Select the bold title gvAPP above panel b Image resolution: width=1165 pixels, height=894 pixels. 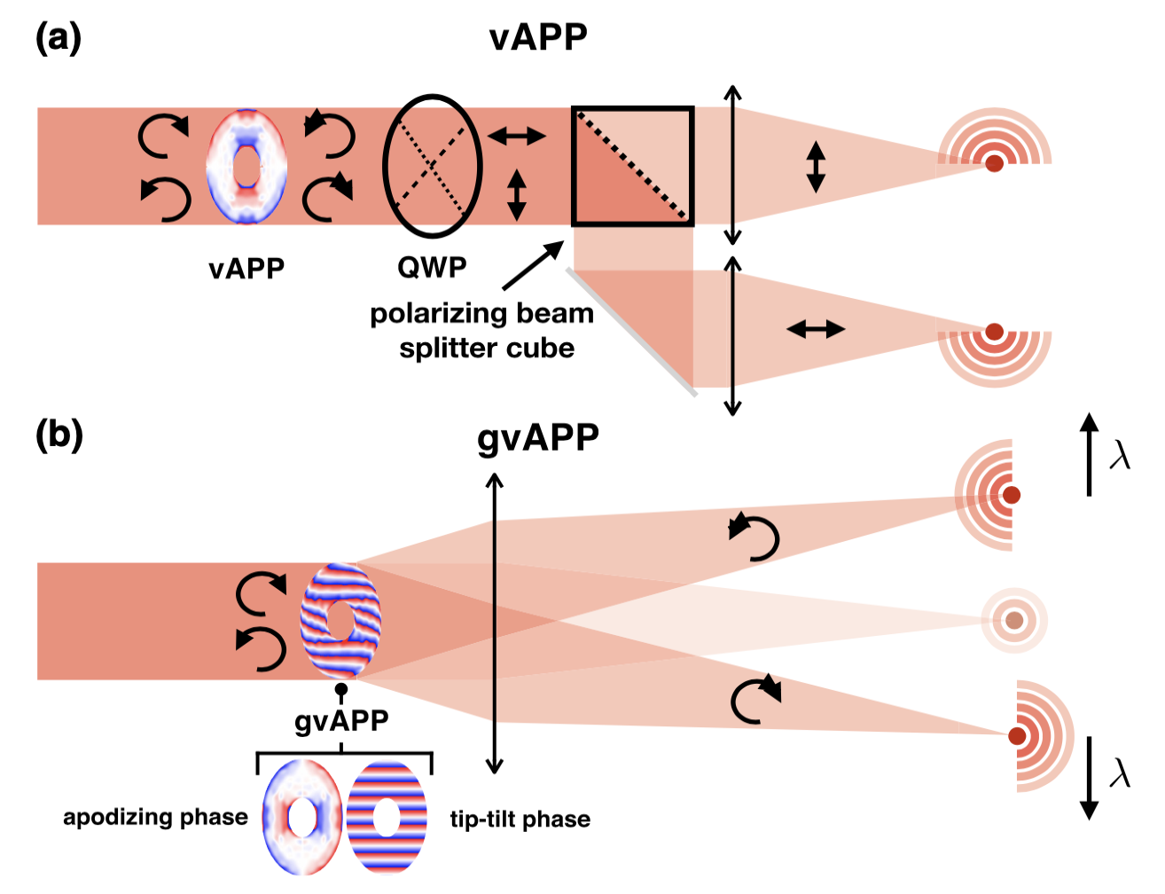(538, 438)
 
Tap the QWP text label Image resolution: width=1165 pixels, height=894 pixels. (432, 267)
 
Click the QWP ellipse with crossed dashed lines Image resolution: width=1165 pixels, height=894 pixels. (432, 165)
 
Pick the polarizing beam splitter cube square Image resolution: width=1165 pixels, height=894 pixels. (632, 166)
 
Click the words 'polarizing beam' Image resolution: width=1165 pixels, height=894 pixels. (481, 314)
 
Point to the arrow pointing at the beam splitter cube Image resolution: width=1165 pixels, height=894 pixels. (532, 266)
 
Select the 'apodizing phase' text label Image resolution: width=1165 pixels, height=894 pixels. (155, 817)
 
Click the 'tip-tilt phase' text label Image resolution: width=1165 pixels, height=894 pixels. (520, 819)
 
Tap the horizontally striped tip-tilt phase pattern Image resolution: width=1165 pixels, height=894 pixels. (387, 816)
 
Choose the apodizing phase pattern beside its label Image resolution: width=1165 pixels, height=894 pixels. (302, 816)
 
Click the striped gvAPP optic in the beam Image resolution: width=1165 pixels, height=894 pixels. (340, 621)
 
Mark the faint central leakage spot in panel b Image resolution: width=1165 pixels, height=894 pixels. (1013, 620)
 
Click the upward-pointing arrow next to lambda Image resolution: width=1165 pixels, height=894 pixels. (1090, 453)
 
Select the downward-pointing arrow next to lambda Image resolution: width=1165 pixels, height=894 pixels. (1090, 777)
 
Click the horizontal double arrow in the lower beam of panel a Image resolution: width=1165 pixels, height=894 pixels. (816, 329)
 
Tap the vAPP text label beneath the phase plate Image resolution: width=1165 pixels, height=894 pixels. (246, 269)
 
